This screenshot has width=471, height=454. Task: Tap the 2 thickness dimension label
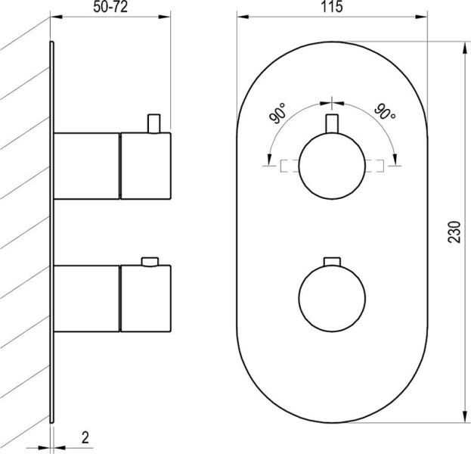pyautogui.click(x=85, y=437)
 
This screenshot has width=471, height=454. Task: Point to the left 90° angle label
pyautogui.click(x=278, y=117)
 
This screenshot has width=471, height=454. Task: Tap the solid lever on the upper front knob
pyautogui.click(x=331, y=124)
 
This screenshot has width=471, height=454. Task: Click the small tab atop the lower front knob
pyautogui.click(x=331, y=262)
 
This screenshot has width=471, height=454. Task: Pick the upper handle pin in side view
pyautogui.click(x=154, y=123)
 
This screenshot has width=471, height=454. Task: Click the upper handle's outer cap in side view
pyautogui.click(x=146, y=165)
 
